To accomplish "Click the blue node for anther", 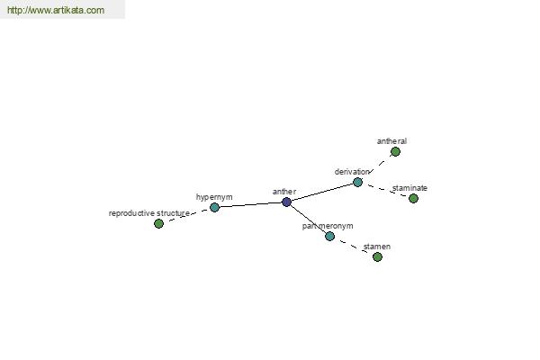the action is click(286, 202).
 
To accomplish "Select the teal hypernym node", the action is click(214, 207).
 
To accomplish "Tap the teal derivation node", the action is click(358, 182).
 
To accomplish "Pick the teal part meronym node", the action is click(330, 237).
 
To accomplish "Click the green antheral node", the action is click(395, 151).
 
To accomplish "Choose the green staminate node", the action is click(414, 198).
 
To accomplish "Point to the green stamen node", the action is click(377, 257).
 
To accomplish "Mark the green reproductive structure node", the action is click(158, 224).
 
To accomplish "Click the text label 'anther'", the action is click(284, 192).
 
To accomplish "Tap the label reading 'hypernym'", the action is click(214, 197).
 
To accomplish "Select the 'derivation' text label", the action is click(352, 172).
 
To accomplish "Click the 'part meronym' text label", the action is click(328, 226).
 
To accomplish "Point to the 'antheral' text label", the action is click(391, 141).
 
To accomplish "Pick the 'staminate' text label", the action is click(409, 188).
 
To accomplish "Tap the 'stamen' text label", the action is click(377, 247).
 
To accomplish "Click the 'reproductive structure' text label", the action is click(149, 213).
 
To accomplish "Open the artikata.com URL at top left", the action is click(56, 10).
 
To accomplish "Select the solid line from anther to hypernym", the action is click(250, 204).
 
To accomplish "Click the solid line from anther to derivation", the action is click(322, 193).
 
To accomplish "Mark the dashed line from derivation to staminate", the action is click(386, 191).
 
